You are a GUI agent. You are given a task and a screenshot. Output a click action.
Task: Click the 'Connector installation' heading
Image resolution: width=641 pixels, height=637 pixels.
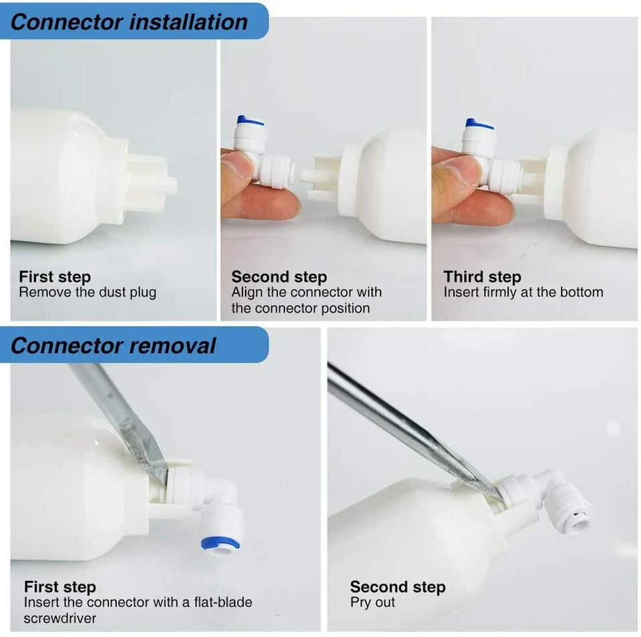[x=129, y=21]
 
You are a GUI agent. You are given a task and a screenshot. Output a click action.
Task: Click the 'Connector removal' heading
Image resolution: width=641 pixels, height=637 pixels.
[x=114, y=345]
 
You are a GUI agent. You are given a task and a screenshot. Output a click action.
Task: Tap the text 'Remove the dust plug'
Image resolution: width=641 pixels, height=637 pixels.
[x=87, y=292]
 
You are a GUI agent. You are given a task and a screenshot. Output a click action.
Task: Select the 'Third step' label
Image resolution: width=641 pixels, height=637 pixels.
[x=482, y=276]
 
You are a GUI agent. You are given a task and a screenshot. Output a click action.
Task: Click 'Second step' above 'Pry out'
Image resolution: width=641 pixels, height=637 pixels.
[x=397, y=587]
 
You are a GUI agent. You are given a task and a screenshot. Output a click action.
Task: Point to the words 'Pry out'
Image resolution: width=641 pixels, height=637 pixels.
[x=373, y=602]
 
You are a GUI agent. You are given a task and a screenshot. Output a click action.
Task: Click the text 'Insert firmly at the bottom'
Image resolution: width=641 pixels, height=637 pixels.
[x=523, y=292]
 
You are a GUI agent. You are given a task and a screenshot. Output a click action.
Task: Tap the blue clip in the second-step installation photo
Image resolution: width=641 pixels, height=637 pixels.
[x=250, y=122]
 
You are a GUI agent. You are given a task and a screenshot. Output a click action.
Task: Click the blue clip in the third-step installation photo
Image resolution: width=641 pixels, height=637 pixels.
[x=479, y=124]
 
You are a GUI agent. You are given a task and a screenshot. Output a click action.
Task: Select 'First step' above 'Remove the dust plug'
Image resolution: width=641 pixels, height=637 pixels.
[x=55, y=276]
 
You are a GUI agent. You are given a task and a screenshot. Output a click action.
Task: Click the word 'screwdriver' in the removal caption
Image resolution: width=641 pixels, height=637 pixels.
[x=60, y=618]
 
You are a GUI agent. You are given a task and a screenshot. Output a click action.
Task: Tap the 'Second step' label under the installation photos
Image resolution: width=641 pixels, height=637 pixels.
[x=279, y=276]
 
